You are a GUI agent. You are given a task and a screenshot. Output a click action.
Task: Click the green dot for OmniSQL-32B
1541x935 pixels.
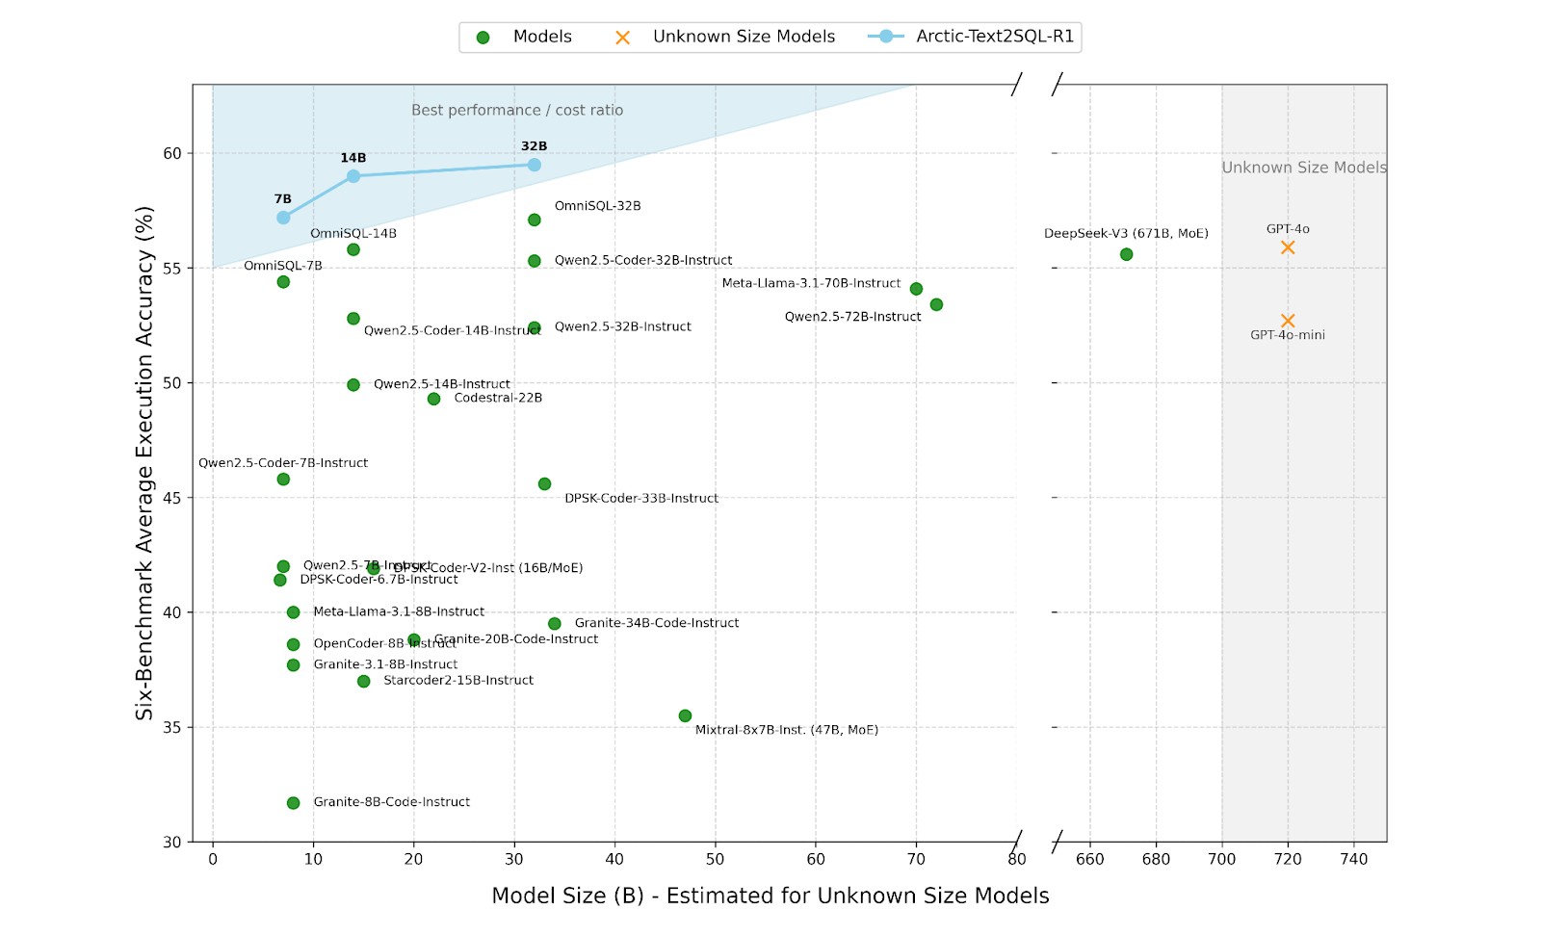(x=535, y=221)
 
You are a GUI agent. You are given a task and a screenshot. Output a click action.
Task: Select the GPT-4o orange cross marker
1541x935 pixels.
(x=1288, y=247)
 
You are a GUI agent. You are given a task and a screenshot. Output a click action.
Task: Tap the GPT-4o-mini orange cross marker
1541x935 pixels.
(x=1288, y=321)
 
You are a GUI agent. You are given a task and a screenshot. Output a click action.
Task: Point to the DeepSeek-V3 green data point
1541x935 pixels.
(x=1127, y=255)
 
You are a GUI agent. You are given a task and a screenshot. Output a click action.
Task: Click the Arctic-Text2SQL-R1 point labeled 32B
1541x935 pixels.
(x=535, y=166)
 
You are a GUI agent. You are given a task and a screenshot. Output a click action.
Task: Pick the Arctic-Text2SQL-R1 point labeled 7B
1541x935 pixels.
(x=283, y=218)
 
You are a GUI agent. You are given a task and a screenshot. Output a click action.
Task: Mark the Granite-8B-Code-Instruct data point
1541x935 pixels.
(x=294, y=803)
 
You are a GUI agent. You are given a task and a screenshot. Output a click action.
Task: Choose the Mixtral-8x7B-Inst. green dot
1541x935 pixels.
(x=685, y=716)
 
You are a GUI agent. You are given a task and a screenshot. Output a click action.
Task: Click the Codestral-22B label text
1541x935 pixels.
(x=498, y=398)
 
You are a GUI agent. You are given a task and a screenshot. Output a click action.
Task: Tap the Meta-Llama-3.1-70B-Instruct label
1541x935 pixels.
(x=811, y=283)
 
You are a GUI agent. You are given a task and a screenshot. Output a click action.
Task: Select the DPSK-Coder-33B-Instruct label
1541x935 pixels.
(x=641, y=498)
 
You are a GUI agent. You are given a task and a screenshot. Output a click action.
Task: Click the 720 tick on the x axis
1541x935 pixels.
(x=1288, y=859)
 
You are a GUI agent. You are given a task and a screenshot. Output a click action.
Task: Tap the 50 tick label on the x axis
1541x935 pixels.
(x=715, y=859)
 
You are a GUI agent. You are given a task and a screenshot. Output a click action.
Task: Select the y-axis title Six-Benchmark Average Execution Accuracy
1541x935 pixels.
(x=144, y=462)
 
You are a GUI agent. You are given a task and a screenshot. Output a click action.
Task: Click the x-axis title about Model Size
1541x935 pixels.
(x=770, y=896)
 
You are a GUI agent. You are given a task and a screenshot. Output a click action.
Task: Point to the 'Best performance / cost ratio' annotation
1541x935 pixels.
(x=517, y=111)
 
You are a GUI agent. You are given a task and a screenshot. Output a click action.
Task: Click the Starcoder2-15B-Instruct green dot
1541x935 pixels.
(x=364, y=682)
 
